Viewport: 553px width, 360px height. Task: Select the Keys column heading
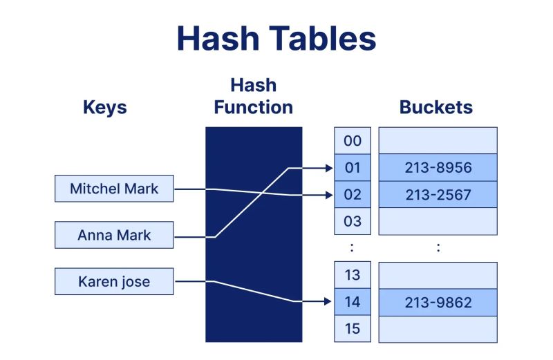[x=105, y=107]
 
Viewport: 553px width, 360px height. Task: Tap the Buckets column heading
[x=436, y=107]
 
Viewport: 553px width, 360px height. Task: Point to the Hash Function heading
[x=253, y=96]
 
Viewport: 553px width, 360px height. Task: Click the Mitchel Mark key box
[x=114, y=188]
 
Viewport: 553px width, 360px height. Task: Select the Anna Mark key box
[x=114, y=235]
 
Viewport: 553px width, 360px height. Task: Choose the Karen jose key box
[x=114, y=282]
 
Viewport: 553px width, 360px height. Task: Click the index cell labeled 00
[x=353, y=140]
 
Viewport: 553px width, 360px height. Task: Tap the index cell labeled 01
[x=353, y=167]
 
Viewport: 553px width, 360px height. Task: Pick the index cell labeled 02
[x=353, y=195]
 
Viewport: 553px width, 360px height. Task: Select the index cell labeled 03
[x=353, y=222]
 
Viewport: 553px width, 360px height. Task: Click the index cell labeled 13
[x=353, y=275]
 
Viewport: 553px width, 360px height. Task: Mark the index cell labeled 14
[x=353, y=302]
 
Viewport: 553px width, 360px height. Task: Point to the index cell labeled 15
[x=353, y=329]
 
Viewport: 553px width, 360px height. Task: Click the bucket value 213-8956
[x=438, y=167]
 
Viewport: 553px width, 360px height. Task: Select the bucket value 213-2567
[x=438, y=195]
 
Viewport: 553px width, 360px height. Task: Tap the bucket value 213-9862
[x=438, y=302]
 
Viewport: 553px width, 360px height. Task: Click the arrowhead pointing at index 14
[x=328, y=301]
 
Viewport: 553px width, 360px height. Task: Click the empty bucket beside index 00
[x=438, y=140]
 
